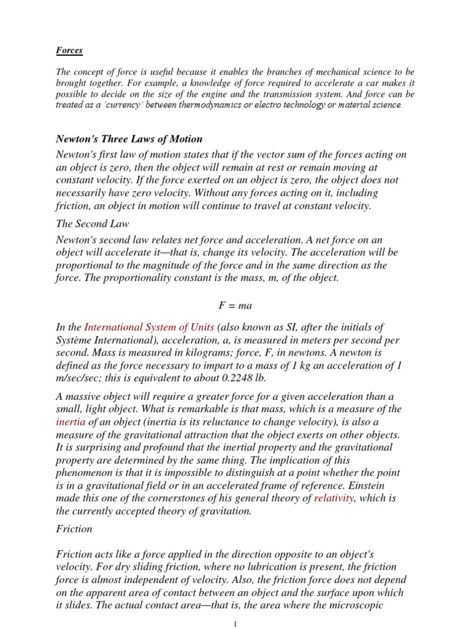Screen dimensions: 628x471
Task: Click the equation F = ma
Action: click(x=235, y=305)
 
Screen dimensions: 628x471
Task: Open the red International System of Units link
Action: click(x=149, y=327)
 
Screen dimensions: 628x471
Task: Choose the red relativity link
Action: click(x=335, y=499)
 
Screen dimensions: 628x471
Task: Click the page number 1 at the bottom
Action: click(x=235, y=623)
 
